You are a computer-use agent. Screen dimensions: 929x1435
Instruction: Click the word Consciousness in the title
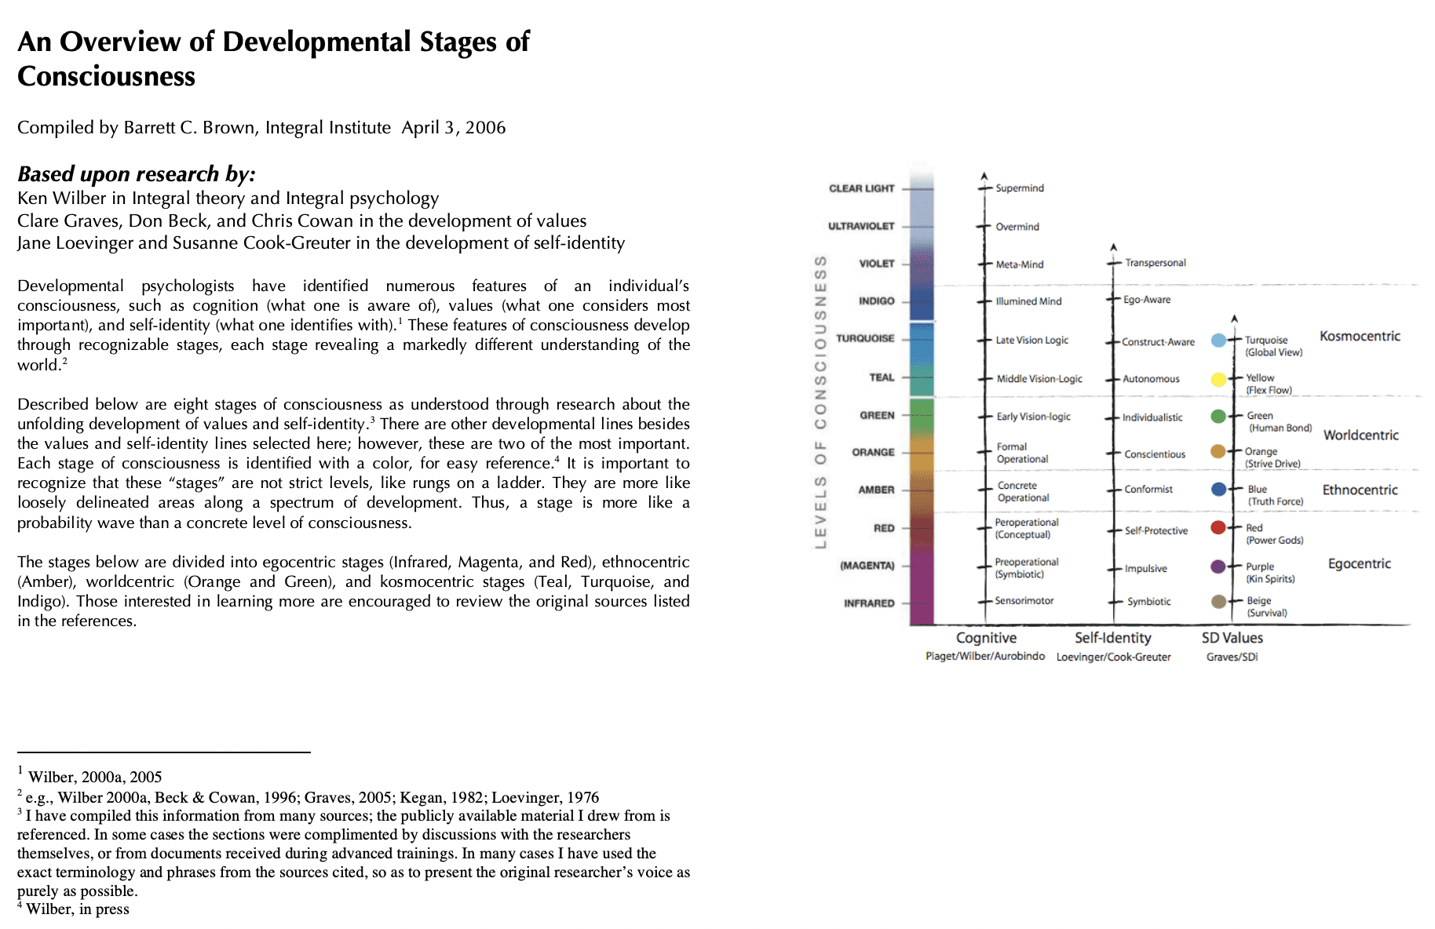point(106,77)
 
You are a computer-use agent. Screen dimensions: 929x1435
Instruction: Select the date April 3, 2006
point(454,128)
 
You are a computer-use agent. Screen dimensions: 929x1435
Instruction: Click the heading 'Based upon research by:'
point(137,173)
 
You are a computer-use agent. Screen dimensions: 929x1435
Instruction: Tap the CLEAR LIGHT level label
point(861,188)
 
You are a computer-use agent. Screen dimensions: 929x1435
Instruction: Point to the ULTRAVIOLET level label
point(861,226)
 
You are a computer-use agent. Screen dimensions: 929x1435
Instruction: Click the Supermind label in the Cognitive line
point(1019,188)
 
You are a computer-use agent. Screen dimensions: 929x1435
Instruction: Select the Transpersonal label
point(1155,263)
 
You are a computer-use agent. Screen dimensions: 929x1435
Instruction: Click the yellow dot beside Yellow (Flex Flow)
point(1218,380)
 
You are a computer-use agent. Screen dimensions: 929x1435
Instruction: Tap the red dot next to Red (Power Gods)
point(1218,527)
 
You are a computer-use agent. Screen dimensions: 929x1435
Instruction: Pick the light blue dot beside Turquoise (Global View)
point(1218,341)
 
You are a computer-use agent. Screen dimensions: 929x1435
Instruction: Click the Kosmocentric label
point(1360,337)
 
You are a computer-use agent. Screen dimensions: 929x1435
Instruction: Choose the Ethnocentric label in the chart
point(1360,490)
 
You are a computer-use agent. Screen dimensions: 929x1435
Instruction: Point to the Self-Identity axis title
point(1112,638)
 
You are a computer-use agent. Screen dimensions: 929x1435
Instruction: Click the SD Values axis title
point(1232,638)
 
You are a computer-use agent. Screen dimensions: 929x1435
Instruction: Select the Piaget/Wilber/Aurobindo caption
point(984,656)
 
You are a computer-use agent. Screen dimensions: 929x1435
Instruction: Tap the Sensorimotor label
point(1024,601)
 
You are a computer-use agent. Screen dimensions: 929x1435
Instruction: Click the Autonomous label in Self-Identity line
point(1151,379)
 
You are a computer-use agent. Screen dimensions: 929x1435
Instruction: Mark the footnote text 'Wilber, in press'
point(77,909)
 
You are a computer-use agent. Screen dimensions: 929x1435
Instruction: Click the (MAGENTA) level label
point(867,566)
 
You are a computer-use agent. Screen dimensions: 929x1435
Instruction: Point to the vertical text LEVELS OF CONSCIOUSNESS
point(820,402)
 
